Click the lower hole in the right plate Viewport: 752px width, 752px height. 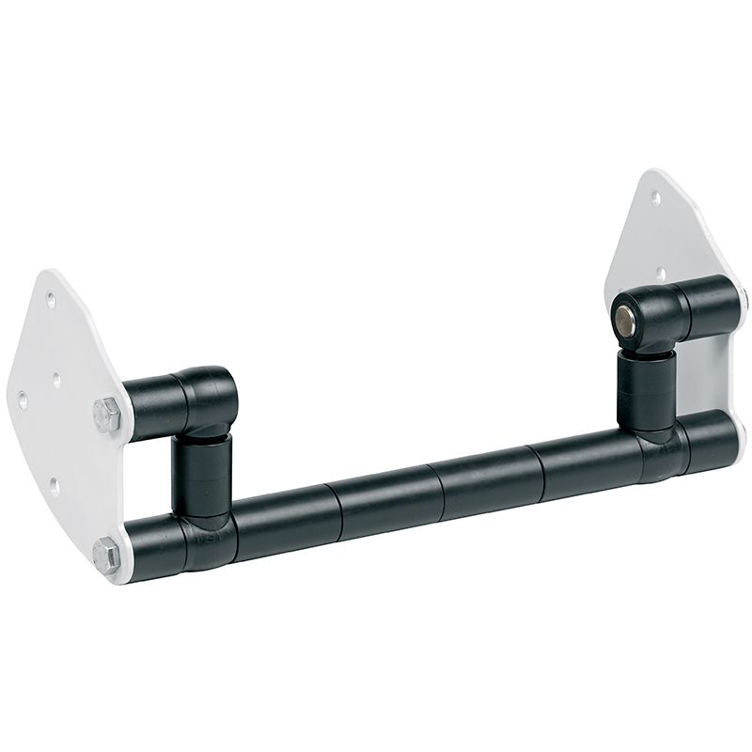[x=663, y=274]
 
